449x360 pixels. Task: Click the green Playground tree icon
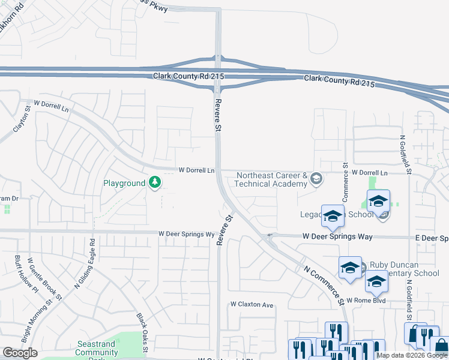[155, 183]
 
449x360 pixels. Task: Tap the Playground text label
[124, 183]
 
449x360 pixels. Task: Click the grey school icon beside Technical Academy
[317, 179]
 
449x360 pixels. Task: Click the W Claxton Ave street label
[252, 305]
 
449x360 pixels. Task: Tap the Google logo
[20, 353]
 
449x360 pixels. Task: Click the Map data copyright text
[412, 355]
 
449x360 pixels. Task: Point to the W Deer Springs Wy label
[186, 234]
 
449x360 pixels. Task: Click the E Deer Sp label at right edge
[432, 238]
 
